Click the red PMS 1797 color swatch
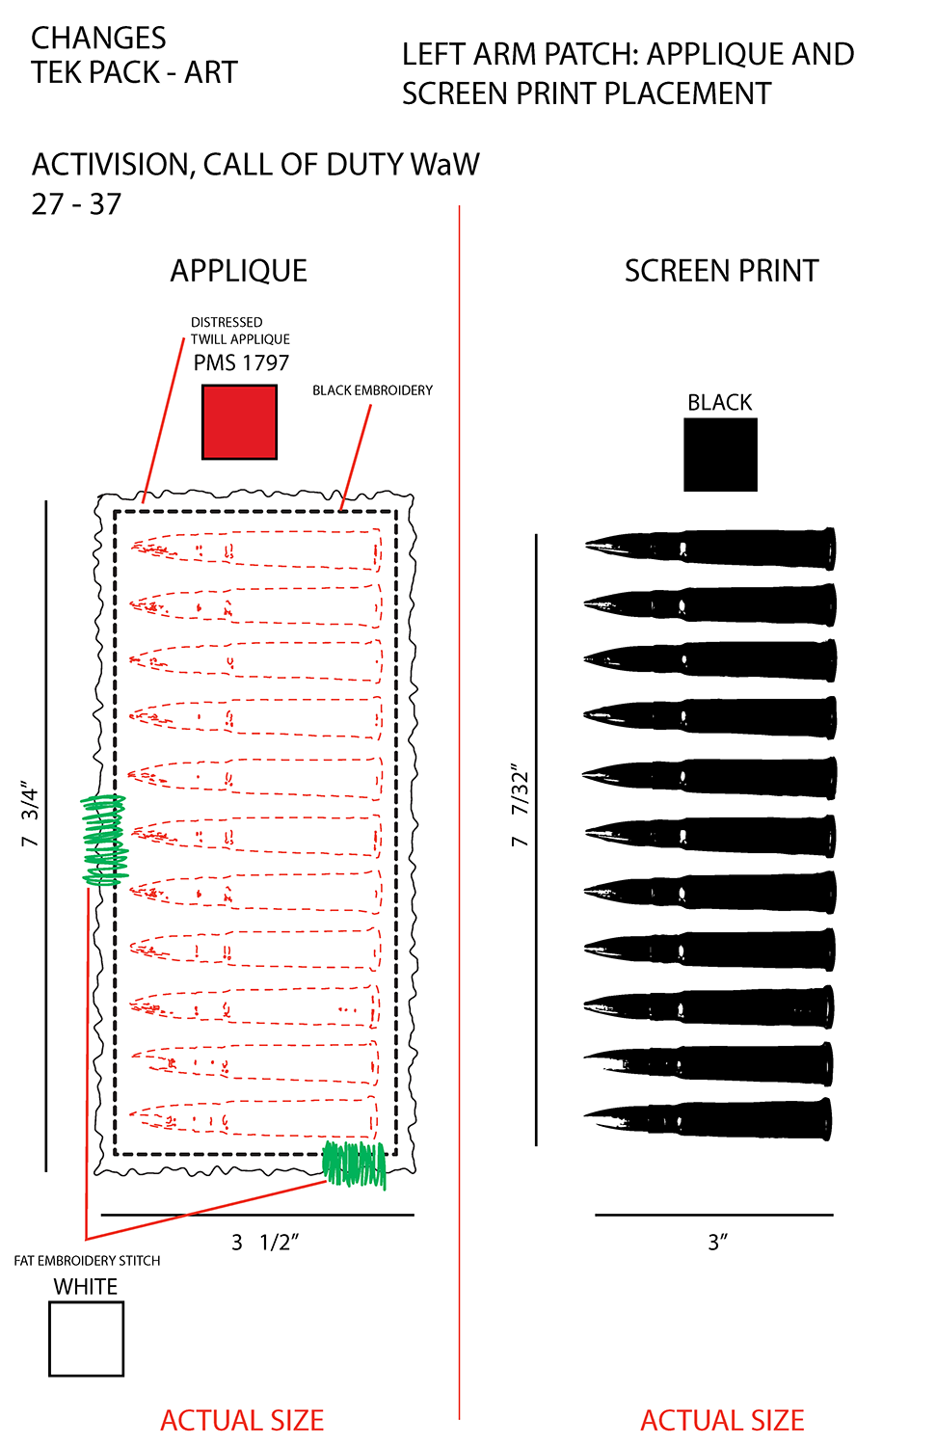pos(239,422)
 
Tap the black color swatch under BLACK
pos(720,455)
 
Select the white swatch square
pos(86,1339)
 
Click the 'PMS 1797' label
pos(241,363)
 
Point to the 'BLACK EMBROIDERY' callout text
pos(372,390)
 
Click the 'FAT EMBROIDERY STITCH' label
pos(87,1261)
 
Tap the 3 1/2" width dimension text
pos(265,1243)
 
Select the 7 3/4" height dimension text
pos(30,816)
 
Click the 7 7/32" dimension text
pos(521,806)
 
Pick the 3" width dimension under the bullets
pos(717,1243)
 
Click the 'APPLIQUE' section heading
pos(239,271)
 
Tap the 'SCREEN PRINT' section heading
pos(721,271)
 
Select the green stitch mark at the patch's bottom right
pos(355,1164)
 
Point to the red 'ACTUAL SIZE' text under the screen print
pos(722,1420)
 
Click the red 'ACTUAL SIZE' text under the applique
pos(242,1420)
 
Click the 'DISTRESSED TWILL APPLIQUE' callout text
pos(239,331)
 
